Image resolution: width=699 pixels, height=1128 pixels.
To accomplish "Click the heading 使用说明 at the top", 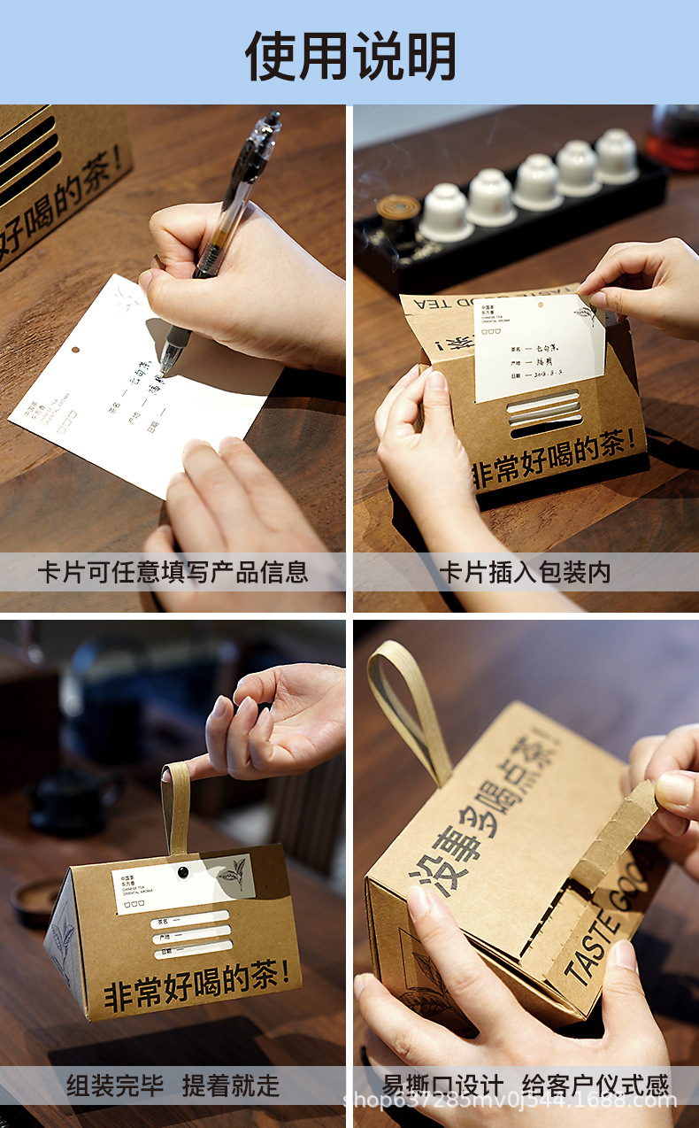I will (x=350, y=55).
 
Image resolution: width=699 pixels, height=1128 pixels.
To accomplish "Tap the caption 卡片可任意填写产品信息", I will (x=173, y=572).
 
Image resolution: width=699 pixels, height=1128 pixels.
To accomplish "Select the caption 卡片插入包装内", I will (x=525, y=572).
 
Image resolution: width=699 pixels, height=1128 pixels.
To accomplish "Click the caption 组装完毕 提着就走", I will (x=173, y=1086).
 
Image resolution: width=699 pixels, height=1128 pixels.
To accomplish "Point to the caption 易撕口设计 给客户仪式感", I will (x=526, y=1086).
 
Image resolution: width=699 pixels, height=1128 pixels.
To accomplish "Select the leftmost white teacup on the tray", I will (x=444, y=212).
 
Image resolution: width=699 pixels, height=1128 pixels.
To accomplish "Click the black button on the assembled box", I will (x=183, y=872).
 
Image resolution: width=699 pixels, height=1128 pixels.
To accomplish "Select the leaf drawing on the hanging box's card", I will (x=231, y=876).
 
